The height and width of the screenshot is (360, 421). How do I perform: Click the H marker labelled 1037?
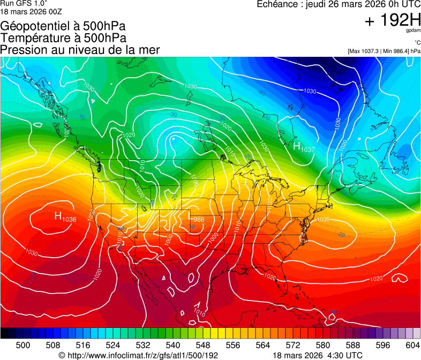298,145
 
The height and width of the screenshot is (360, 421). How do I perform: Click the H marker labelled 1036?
59,216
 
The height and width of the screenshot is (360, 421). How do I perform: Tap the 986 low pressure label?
199,219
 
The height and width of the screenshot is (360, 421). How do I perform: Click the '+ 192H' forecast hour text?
393,21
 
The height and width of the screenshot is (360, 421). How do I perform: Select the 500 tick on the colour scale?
23,344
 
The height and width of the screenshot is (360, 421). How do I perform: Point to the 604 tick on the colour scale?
413,344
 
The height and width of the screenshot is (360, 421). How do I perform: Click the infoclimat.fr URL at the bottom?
138,355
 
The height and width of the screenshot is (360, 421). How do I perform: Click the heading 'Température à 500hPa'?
63,38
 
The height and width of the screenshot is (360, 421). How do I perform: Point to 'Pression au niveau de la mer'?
80,50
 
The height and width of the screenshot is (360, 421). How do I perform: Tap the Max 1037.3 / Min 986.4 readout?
384,51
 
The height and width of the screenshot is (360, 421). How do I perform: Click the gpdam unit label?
412,32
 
